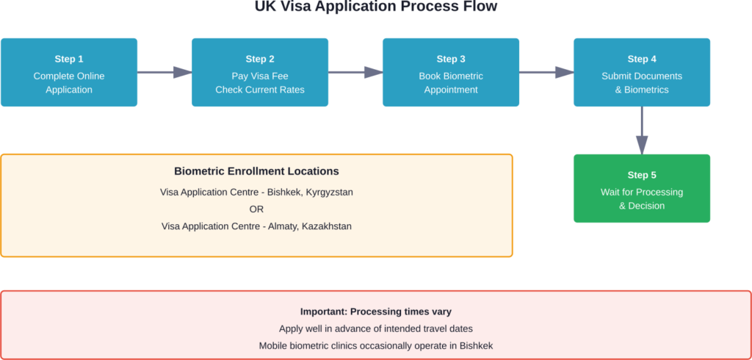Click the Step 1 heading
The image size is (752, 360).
69,59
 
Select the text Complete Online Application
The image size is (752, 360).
69,83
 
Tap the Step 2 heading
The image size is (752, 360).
260,59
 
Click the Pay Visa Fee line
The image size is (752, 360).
260,76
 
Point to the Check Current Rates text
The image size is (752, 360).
260,90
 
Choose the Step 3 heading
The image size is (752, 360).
451,59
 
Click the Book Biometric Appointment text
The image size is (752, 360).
451,83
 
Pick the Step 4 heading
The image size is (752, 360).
642,59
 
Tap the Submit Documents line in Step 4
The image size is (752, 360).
642,76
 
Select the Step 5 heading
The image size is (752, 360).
642,175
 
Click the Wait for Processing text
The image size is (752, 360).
642,192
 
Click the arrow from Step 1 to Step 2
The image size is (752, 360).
164,72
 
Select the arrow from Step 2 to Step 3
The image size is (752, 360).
355,72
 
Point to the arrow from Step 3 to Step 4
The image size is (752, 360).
546,72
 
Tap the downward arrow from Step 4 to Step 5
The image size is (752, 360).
642,130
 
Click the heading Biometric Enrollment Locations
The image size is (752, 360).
256,171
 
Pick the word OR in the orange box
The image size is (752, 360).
256,209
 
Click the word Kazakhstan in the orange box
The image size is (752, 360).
325,226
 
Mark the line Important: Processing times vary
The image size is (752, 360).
375,312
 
